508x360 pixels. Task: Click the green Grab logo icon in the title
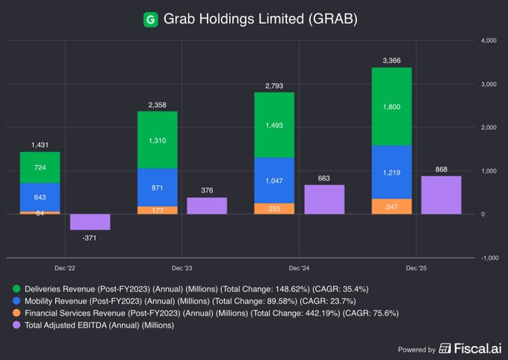pyautogui.click(x=150, y=19)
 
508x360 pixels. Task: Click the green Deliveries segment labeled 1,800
pyautogui.click(x=391, y=106)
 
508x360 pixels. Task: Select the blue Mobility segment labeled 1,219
pyautogui.click(x=391, y=172)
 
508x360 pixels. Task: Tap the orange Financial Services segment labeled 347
pyautogui.click(x=391, y=206)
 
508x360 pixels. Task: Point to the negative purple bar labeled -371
pyautogui.click(x=90, y=222)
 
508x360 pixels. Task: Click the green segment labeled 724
pyautogui.click(x=40, y=167)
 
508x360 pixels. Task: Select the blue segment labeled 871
pyautogui.click(x=157, y=187)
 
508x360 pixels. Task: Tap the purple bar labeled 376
pyautogui.click(x=207, y=206)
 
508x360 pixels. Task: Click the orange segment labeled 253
pyautogui.click(x=273, y=208)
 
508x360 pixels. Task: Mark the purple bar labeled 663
pyautogui.click(x=324, y=199)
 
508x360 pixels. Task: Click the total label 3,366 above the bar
pyautogui.click(x=391, y=60)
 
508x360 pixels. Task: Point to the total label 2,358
pyautogui.click(x=157, y=104)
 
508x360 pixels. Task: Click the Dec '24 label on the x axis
pyautogui.click(x=299, y=267)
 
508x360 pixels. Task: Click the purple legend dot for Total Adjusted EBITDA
pyautogui.click(x=16, y=325)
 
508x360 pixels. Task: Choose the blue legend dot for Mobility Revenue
pyautogui.click(x=16, y=300)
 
